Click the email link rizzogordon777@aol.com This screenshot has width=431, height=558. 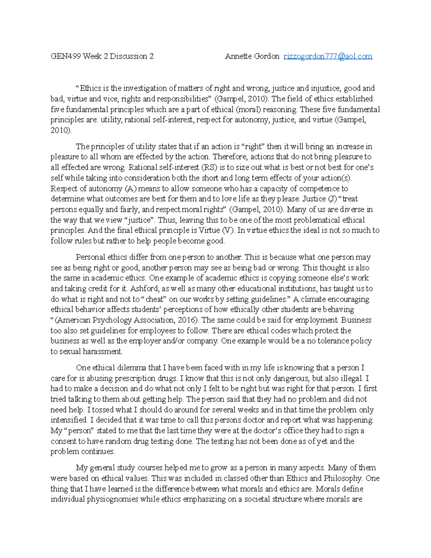tap(328, 56)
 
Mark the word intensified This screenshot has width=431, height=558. tap(69, 420)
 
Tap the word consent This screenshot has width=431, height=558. tap(63, 441)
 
